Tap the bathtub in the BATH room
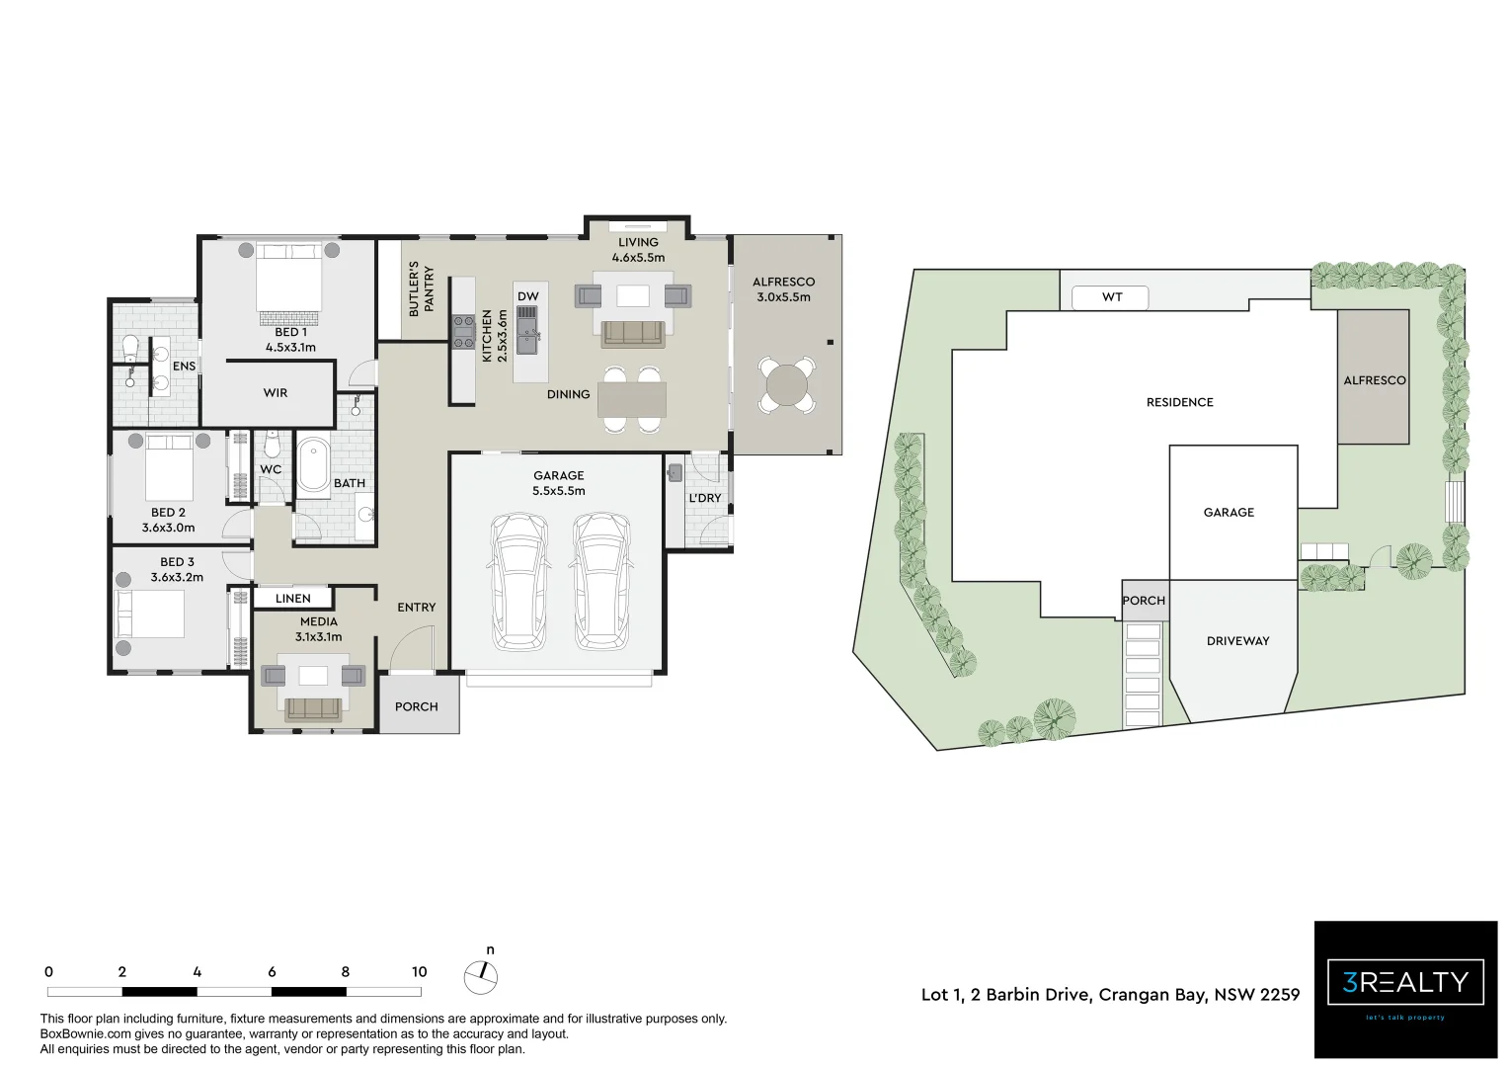click(316, 464)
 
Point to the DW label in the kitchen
click(528, 296)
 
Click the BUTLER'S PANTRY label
click(421, 288)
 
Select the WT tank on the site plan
click(1111, 296)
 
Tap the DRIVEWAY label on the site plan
click(1237, 641)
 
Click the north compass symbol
click(481, 976)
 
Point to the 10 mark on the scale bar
click(419, 972)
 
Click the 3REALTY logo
click(1405, 983)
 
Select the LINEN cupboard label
click(292, 599)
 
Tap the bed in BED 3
click(151, 613)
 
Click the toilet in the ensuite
click(129, 348)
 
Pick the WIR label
click(276, 393)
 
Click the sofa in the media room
click(314, 708)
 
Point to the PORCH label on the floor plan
click(417, 706)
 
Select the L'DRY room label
click(704, 498)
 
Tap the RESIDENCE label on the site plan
click(1179, 402)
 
